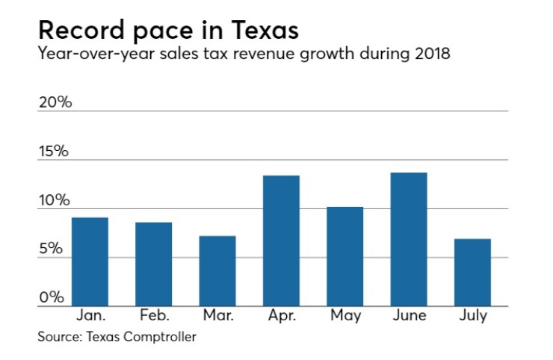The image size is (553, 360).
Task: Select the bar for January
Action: pos(90,262)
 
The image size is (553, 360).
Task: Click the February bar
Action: pos(154,264)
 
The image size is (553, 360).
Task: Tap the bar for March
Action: pos(217,271)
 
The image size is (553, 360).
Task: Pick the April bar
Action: pos(281,241)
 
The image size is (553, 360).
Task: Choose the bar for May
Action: pos(345,257)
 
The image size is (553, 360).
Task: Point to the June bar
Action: pos(409,240)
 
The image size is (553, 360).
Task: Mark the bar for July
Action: pos(472,273)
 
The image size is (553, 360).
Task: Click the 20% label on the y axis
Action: pos(55,102)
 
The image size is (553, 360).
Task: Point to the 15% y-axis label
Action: pos(55,152)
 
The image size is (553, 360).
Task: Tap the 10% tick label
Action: pos(55,201)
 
